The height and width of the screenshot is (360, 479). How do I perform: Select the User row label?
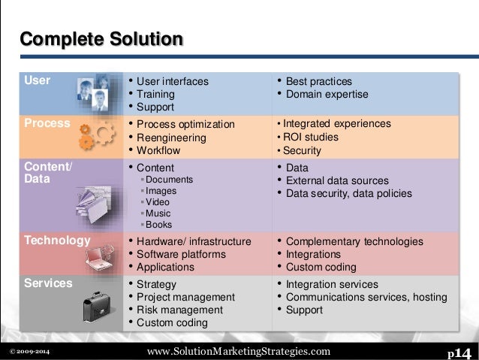tap(38, 80)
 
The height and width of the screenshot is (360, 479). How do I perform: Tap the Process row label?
tap(47, 123)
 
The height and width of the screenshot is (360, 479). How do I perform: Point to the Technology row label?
tap(57, 241)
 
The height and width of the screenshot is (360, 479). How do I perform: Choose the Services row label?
tap(49, 283)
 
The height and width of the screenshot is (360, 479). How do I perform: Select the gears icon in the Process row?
tap(96, 135)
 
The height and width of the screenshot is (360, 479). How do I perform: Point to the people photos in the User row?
tap(93, 94)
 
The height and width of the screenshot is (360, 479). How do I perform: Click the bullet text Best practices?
tap(319, 81)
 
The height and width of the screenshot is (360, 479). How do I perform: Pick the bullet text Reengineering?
tap(173, 138)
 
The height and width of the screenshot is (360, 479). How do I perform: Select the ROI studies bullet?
tap(311, 138)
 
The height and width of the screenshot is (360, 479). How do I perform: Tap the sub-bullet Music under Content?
tap(158, 213)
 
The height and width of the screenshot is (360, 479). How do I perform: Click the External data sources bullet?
tap(338, 180)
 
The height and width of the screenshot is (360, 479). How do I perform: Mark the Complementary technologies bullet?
tap(354, 241)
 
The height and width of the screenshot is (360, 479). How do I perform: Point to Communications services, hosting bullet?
tap(366, 297)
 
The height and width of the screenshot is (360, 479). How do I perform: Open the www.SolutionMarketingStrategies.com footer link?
tap(239, 352)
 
